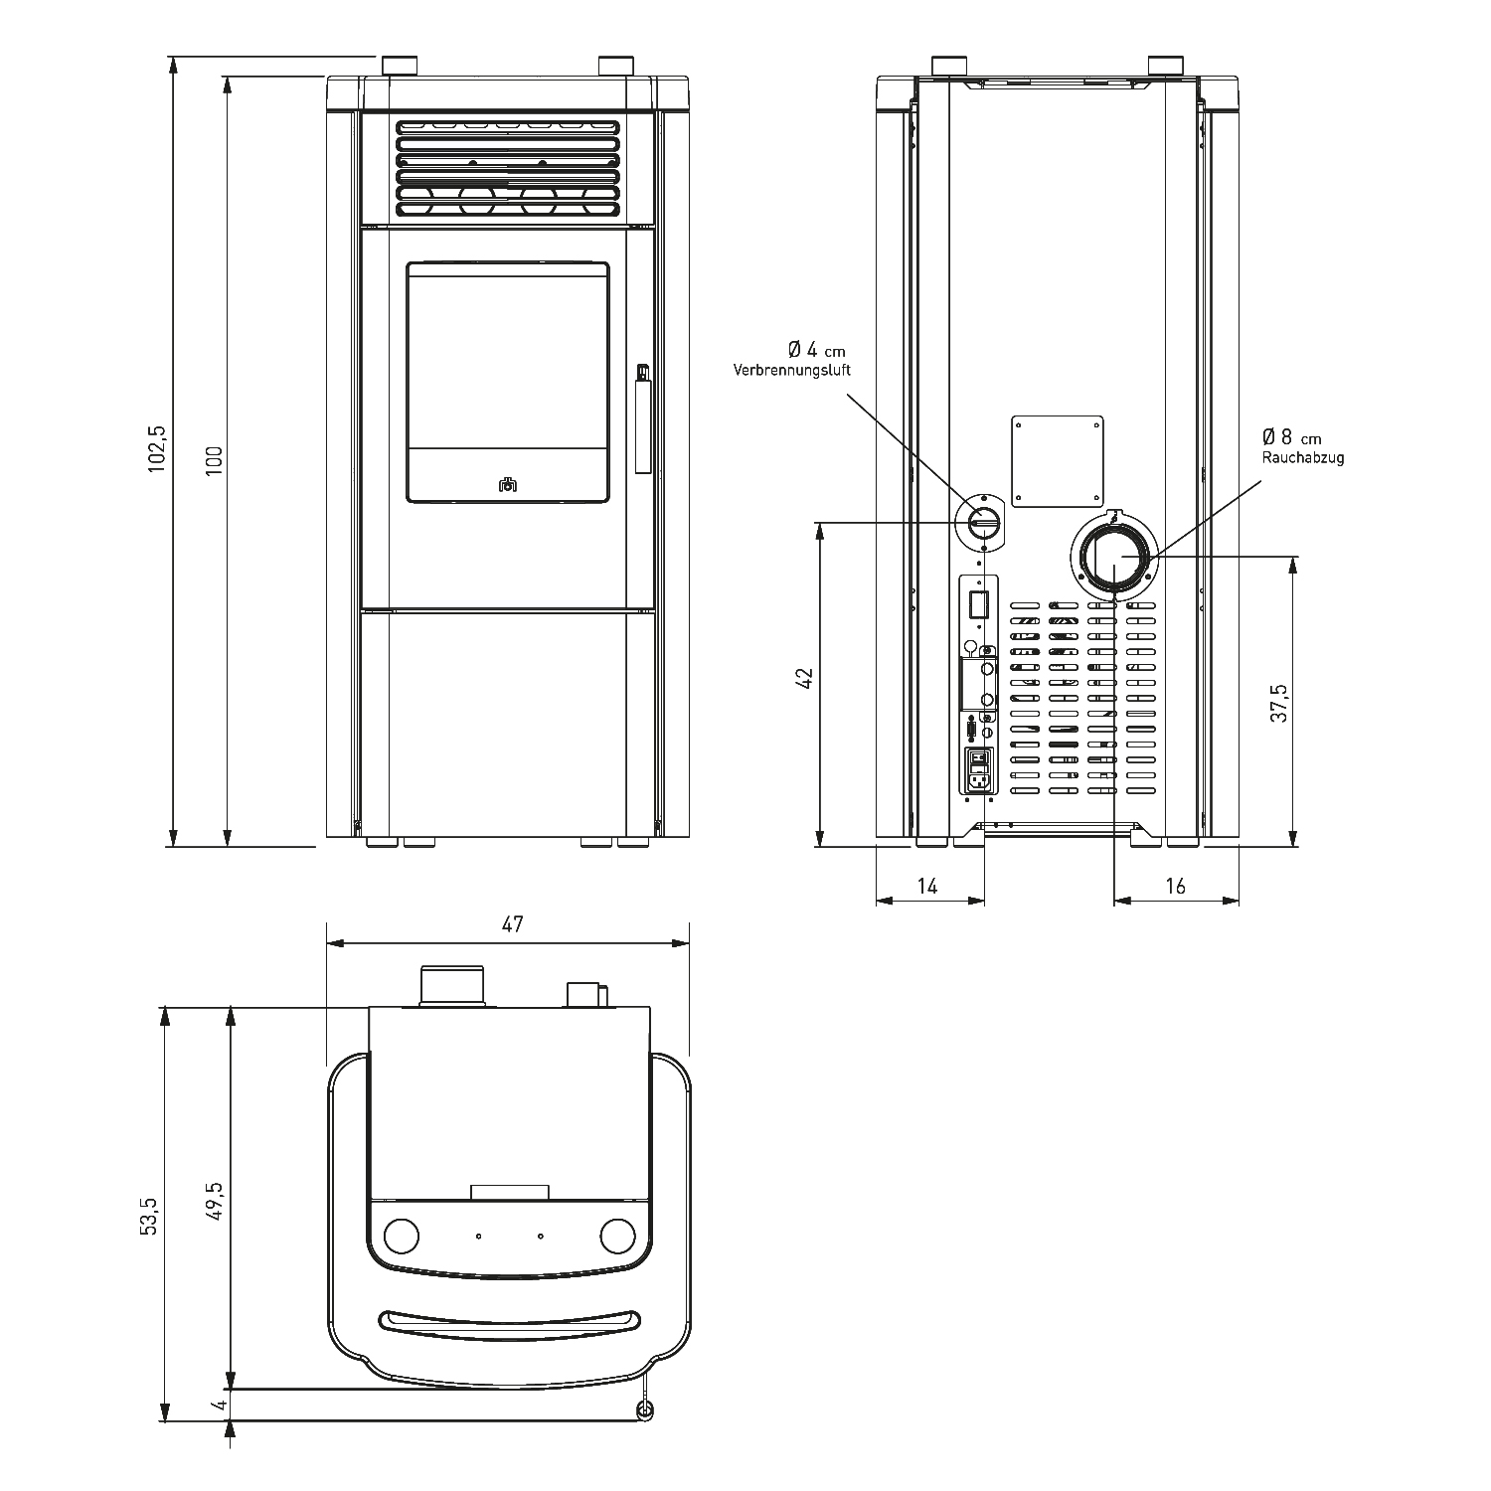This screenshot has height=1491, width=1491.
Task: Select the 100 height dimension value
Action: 215,460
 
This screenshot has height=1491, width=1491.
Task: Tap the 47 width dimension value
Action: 512,924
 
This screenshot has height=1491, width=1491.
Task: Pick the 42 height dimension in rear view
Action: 805,678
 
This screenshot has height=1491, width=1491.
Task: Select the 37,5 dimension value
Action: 1280,702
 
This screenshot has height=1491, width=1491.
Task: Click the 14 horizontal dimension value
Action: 926,886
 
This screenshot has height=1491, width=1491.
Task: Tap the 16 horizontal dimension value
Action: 1175,886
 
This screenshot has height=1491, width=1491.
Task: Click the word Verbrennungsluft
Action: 792,370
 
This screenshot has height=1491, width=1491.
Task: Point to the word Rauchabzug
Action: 1303,458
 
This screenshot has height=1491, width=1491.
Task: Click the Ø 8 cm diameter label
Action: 1292,437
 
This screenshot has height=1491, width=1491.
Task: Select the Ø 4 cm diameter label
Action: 817,350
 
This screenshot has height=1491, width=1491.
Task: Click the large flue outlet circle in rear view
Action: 1114,559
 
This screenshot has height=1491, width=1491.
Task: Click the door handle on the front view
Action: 642,418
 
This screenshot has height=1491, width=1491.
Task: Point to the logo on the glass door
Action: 508,484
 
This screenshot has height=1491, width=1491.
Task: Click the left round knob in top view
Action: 401,1236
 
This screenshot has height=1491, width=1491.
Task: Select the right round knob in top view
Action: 617,1236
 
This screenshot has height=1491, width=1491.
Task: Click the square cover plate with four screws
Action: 1058,460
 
